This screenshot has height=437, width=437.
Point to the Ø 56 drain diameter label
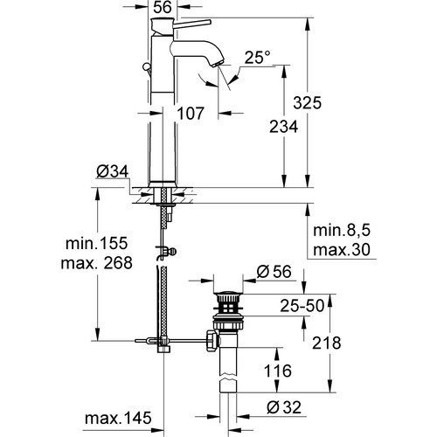click(276, 273)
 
